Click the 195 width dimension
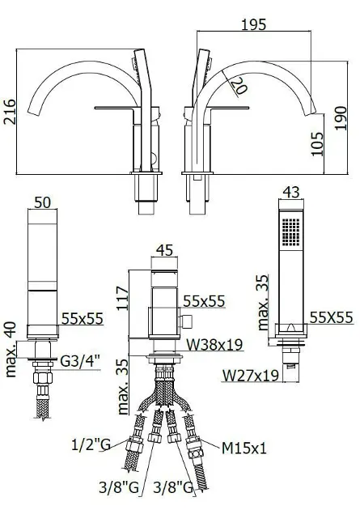point(254,24)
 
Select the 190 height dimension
point(341,118)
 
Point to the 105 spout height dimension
point(317,144)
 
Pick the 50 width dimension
point(43,202)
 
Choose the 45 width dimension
point(165,250)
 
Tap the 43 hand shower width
point(291,192)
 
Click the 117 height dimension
point(124,298)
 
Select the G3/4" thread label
point(80,361)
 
